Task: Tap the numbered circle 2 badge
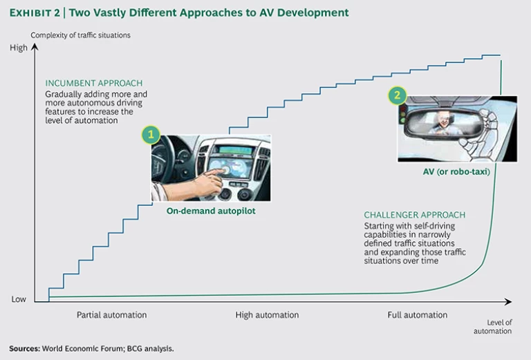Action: (397, 95)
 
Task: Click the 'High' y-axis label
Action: (19, 48)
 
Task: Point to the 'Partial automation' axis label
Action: (111, 315)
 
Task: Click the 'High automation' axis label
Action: (267, 315)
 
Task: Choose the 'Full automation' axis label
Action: (417, 315)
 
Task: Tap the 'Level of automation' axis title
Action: (492, 326)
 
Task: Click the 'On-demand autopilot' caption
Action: (211, 211)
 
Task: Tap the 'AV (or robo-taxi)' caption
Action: (457, 172)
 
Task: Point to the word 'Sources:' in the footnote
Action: (26, 348)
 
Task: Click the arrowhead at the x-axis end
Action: (507, 301)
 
